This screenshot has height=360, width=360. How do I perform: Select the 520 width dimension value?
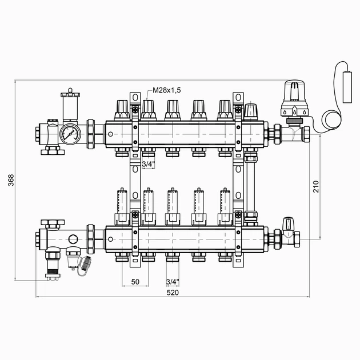[173, 292]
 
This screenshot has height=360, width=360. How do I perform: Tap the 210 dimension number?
[316, 186]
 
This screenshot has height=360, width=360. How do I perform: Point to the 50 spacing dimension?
[135, 282]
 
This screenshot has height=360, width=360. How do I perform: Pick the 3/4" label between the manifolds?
[148, 164]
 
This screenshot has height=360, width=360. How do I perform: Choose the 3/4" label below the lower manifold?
[172, 282]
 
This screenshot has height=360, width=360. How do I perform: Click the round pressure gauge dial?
[69, 134]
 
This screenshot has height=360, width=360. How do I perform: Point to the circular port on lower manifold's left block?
[73, 237]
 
